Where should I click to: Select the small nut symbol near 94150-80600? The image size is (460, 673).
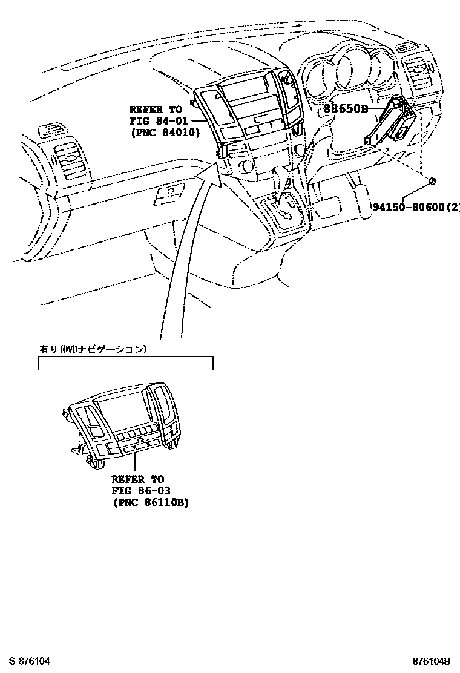pos(432,181)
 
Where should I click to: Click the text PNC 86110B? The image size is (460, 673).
pos(149,502)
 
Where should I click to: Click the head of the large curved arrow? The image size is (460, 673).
pos(209,170)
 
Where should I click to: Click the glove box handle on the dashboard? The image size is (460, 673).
pos(170,194)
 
